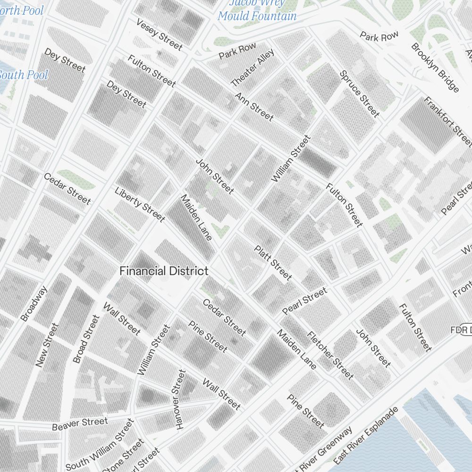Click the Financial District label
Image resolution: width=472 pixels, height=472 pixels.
(x=163, y=271)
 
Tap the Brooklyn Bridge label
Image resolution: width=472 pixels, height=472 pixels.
(x=435, y=67)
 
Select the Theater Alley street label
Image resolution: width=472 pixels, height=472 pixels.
(x=252, y=68)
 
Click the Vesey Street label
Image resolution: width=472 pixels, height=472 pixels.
(x=159, y=34)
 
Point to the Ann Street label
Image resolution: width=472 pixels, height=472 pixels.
(x=254, y=106)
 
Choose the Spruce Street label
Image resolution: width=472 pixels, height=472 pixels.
(x=359, y=93)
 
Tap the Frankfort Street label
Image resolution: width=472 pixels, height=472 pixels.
(x=447, y=121)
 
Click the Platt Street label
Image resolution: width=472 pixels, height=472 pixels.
(x=273, y=263)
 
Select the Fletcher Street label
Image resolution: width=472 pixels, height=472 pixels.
(x=330, y=355)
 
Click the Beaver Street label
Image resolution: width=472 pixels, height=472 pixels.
(x=80, y=423)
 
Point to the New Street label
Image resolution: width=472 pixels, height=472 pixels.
(x=47, y=345)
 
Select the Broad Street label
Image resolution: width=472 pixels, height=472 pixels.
(x=86, y=339)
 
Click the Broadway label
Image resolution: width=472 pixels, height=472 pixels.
(x=34, y=304)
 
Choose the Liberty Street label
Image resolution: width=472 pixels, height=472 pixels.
(x=140, y=204)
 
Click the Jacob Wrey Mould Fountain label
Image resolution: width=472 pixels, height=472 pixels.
(x=257, y=9)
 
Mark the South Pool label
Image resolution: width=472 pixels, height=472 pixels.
(x=24, y=75)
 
